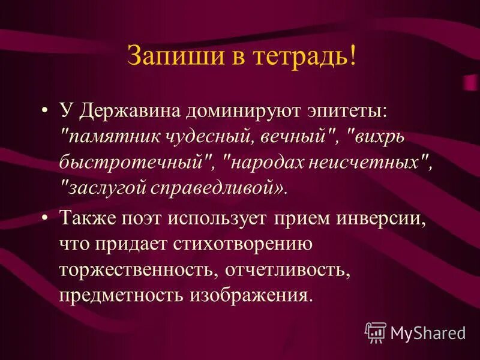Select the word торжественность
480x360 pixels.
137,269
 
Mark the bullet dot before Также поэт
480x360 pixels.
46,219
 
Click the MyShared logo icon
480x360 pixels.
376,332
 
